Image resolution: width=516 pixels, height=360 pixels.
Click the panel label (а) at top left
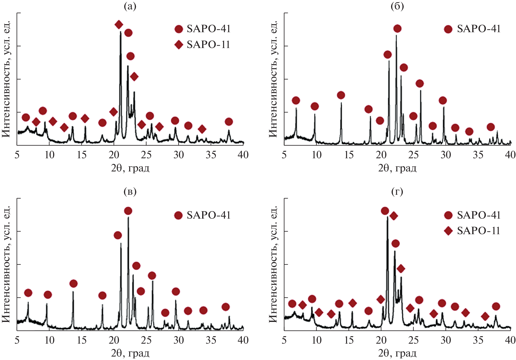[130, 6]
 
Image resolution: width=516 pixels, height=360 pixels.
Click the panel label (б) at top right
[397, 6]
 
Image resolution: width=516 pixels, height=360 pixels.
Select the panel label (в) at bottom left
[130, 192]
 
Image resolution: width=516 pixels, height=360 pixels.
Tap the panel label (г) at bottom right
[397, 192]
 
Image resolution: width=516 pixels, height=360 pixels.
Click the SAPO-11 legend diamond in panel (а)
[179, 45]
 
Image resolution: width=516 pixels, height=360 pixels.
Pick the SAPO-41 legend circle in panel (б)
[448, 29]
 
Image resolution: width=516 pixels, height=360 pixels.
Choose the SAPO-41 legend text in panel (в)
[209, 215]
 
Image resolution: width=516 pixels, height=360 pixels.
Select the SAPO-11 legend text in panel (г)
[478, 231]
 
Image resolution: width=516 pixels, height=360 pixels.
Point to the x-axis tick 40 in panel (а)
[243, 155]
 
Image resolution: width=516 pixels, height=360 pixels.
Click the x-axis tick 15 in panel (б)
[349, 155]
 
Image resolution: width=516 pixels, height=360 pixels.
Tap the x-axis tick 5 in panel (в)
[17, 340]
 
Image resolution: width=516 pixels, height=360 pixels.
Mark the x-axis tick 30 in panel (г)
[446, 340]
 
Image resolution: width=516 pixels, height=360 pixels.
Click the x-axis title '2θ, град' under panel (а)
[130, 168]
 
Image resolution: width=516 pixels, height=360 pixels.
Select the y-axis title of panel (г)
[273, 264]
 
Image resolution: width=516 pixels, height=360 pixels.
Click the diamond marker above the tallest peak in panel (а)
[119, 25]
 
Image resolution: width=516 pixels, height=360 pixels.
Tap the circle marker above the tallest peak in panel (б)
[397, 28]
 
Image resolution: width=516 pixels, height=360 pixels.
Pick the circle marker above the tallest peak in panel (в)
[128, 211]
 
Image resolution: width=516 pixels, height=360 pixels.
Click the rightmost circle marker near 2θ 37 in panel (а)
[229, 122]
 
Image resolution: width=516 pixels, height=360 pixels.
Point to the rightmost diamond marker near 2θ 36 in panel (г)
[485, 317]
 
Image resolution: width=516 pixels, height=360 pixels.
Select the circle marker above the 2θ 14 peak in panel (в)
[73, 284]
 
